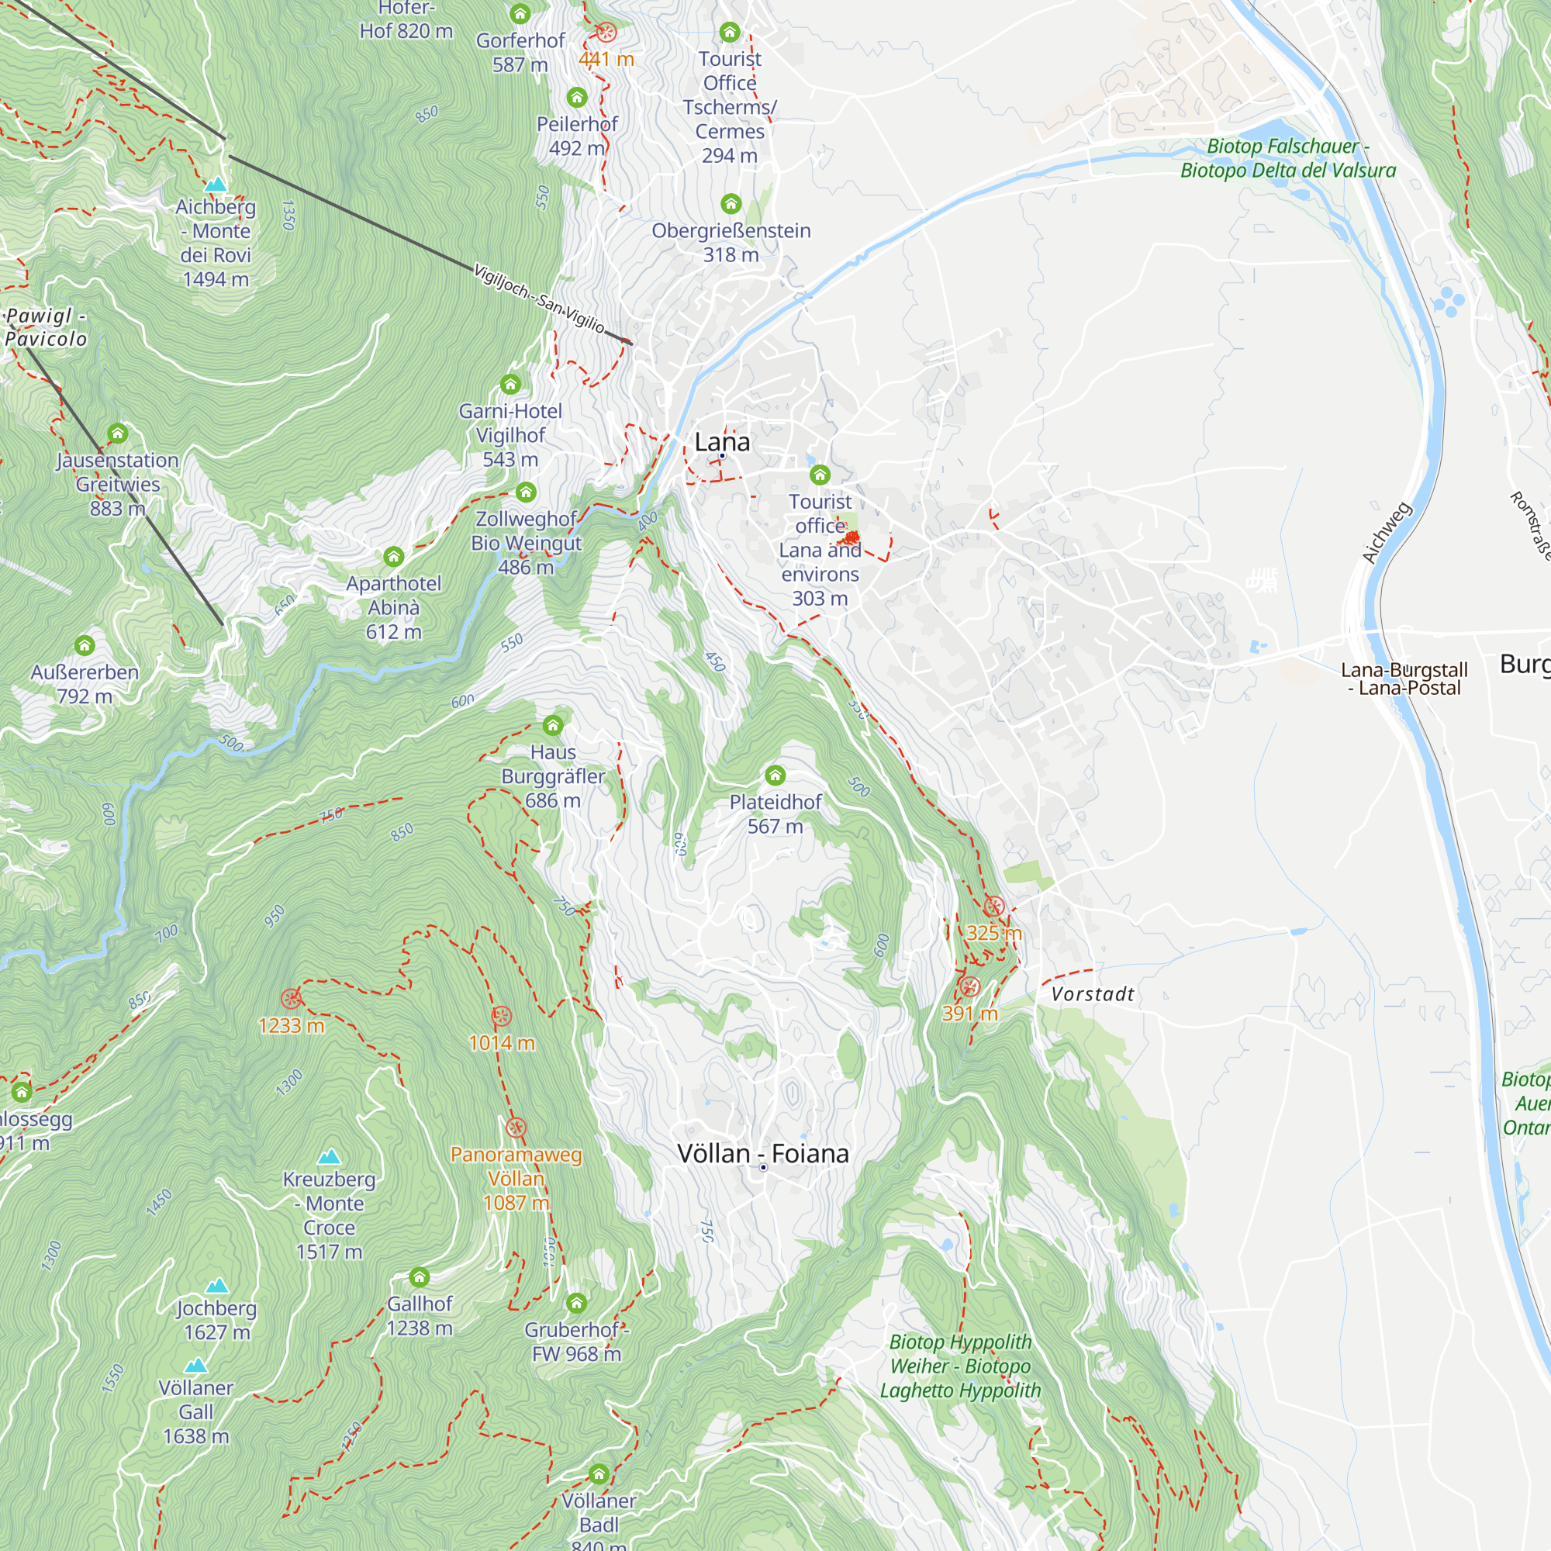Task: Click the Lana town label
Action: (722, 441)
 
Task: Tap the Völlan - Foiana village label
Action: (762, 1154)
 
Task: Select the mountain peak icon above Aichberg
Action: (215, 185)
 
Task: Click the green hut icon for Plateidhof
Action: (775, 775)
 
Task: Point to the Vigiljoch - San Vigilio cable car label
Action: (539, 299)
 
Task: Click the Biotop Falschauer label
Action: (1287, 158)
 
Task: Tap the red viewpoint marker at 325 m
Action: (994, 907)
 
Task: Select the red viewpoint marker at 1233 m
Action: (291, 999)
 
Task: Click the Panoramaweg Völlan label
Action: (516, 1178)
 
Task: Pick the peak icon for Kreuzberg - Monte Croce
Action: (329, 1157)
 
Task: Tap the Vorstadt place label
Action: (1093, 994)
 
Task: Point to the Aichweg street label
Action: (1387, 532)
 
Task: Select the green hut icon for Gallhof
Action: (419, 1276)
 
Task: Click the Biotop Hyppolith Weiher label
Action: (960, 1366)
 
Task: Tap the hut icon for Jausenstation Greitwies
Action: (118, 434)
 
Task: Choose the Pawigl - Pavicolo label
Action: (46, 327)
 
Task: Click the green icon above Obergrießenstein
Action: (731, 203)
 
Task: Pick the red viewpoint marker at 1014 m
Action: (501, 1017)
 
